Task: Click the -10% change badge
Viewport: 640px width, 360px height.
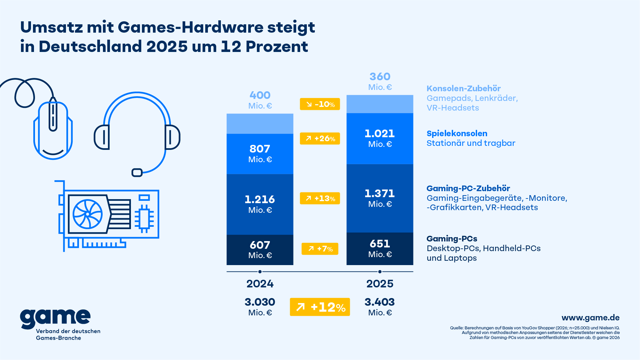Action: tap(320, 104)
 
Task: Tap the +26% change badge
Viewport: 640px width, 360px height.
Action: tap(320, 139)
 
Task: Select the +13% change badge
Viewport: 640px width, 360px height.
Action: tap(320, 198)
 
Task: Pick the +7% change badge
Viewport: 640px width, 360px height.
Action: tap(320, 249)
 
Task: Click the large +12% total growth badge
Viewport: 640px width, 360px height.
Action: tap(320, 307)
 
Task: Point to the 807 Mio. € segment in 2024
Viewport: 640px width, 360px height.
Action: tap(260, 154)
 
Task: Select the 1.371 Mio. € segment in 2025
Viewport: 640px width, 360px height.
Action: tap(380, 198)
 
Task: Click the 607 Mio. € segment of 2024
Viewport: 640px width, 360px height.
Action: tap(260, 250)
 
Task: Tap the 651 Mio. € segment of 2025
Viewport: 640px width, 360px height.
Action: tap(380, 249)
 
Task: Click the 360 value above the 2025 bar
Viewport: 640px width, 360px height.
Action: tap(380, 77)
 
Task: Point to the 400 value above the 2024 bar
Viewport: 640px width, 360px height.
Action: tap(260, 95)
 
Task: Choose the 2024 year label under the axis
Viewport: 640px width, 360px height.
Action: tap(260, 284)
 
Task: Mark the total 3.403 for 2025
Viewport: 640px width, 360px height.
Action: tap(379, 302)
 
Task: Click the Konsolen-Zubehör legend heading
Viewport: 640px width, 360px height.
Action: tap(463, 89)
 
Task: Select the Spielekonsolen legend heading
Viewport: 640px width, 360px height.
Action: tap(457, 134)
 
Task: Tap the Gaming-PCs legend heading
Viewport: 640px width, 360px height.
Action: tap(452, 239)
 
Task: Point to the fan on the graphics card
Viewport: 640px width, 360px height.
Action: tap(88, 214)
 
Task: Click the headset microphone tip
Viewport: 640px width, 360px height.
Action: tap(137, 173)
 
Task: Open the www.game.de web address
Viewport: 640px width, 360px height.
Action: tap(590, 318)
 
